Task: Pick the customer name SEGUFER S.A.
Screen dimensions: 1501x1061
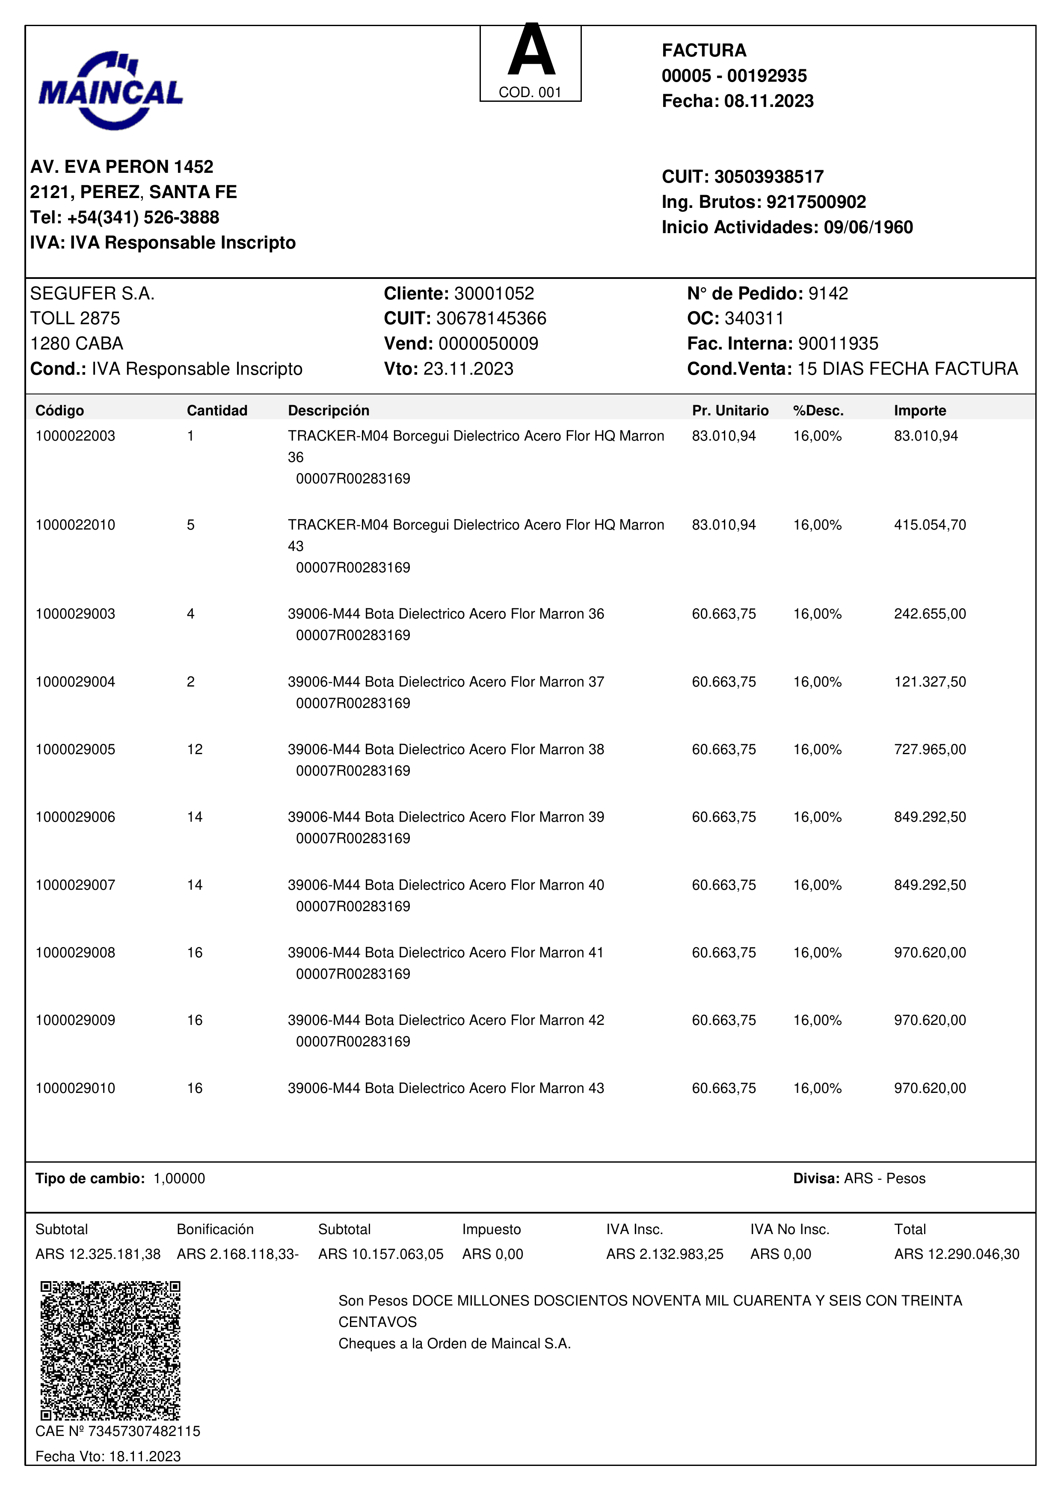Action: tap(92, 293)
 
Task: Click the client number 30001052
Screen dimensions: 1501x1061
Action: tap(494, 293)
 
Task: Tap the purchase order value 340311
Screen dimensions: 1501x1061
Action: tap(754, 318)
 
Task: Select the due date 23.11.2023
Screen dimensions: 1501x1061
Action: tap(468, 369)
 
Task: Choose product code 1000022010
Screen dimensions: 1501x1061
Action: tap(75, 525)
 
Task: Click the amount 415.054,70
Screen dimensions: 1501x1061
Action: tap(930, 525)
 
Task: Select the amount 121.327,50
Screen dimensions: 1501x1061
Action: tap(930, 682)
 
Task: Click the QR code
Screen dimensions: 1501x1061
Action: tap(110, 1350)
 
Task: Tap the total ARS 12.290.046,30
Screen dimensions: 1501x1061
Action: tap(957, 1254)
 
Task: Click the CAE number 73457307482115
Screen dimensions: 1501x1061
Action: tap(144, 1431)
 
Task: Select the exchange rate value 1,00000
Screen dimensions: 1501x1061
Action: tap(179, 1179)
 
